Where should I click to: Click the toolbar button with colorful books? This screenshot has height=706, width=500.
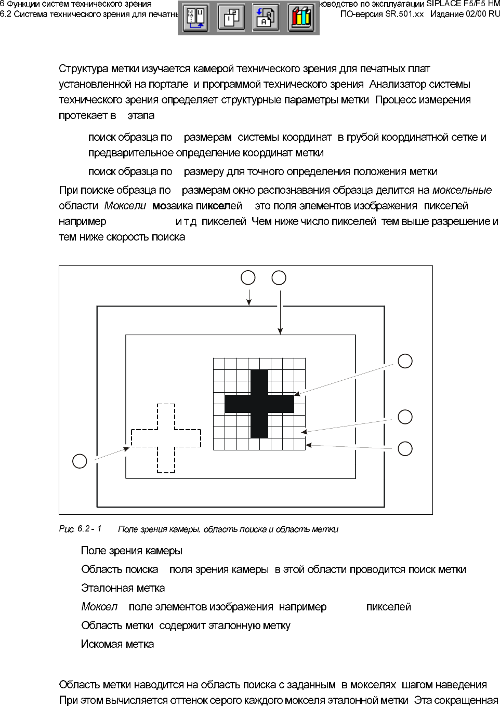[301, 18]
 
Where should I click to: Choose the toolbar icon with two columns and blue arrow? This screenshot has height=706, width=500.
[196, 18]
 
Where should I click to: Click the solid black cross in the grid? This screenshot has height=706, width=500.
[259, 404]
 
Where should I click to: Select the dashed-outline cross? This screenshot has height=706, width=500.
[166, 438]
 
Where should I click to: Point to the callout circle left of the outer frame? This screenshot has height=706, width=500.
[80, 461]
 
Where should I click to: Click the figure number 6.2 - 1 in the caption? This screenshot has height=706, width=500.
[89, 529]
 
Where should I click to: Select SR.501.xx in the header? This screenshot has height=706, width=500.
[404, 14]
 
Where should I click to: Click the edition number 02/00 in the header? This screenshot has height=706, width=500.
[476, 14]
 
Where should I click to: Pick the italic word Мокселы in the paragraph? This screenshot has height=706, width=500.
[125, 206]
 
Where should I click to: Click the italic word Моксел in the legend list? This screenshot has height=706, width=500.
[99, 607]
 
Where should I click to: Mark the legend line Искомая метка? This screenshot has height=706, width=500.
[117, 644]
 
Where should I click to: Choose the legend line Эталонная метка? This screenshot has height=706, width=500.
[123, 588]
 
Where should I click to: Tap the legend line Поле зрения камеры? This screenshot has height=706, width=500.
[131, 551]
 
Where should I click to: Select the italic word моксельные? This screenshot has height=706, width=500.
[462, 190]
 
